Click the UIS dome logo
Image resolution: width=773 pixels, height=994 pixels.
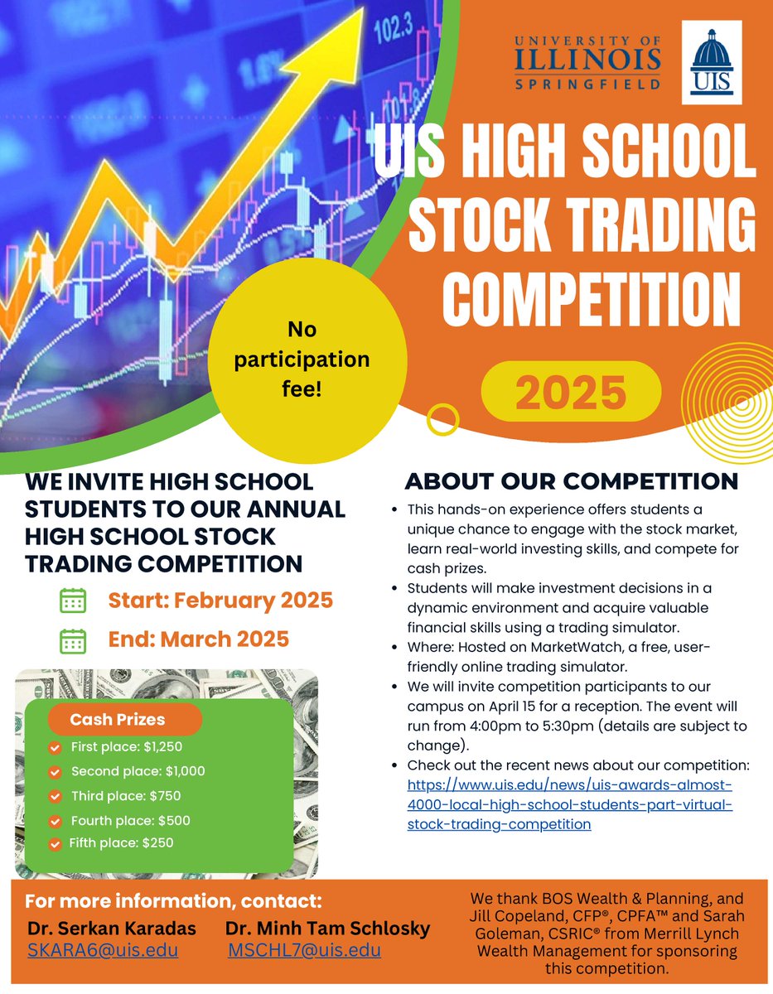click(711, 62)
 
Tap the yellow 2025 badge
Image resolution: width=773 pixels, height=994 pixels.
click(571, 393)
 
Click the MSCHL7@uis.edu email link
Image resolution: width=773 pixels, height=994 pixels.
click(304, 950)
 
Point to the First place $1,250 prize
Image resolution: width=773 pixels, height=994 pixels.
click(126, 746)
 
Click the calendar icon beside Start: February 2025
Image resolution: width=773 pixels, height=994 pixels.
click(73, 601)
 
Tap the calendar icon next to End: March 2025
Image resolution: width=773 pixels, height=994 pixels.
click(73, 640)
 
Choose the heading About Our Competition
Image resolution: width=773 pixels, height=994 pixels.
click(571, 481)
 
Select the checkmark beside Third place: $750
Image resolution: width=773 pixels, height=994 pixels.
click(56, 797)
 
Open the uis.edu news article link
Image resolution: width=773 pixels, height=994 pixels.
click(570, 803)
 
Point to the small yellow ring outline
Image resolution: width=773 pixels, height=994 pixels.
click(441, 419)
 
